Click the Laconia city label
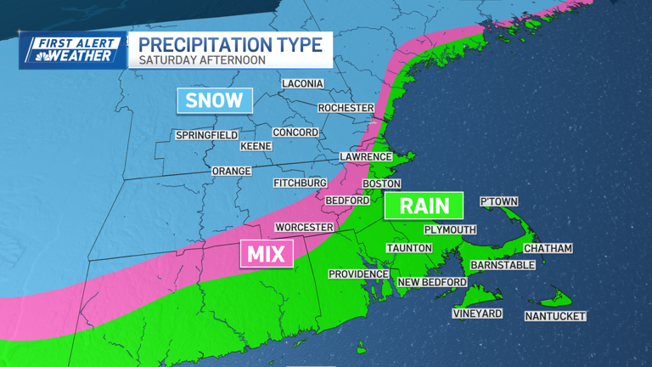coord(303,83)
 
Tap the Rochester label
coord(346,108)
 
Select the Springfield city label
coord(206,135)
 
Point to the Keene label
coord(256,146)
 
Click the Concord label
coord(295,133)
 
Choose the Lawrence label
coord(366,157)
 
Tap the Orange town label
coord(231,171)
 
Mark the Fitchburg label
coord(300,183)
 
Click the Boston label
coord(380,183)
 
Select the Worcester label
coord(303,228)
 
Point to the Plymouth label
coord(450,229)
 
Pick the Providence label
coord(358,274)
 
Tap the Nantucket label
coord(555,316)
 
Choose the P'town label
coord(498,201)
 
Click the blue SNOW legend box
coord(215,100)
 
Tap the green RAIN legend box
coord(424,205)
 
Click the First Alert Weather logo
coord(72,49)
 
